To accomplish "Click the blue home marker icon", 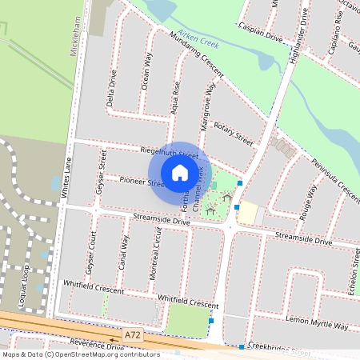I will coord(179,172).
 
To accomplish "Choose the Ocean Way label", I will coord(146,71).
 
